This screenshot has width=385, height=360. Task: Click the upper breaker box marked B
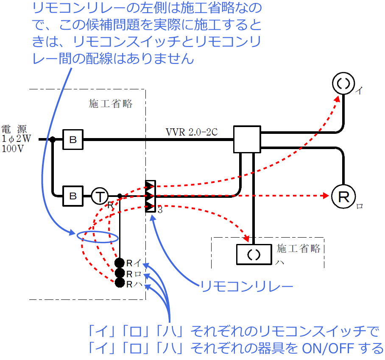point(73,139)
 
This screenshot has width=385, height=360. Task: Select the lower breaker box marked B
point(73,196)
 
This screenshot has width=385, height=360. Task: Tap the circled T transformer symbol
point(100,196)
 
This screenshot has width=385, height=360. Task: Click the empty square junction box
point(247,139)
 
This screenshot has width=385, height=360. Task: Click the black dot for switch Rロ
point(120,273)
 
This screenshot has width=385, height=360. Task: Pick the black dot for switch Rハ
point(120,283)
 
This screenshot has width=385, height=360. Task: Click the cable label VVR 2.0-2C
point(192,132)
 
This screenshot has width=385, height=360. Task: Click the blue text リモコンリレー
point(247,287)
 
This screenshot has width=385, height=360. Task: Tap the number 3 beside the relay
point(160,210)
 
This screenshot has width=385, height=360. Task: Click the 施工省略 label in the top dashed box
point(111,104)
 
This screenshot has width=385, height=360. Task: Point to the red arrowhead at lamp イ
point(338,98)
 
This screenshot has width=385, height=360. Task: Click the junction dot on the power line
point(53,139)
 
